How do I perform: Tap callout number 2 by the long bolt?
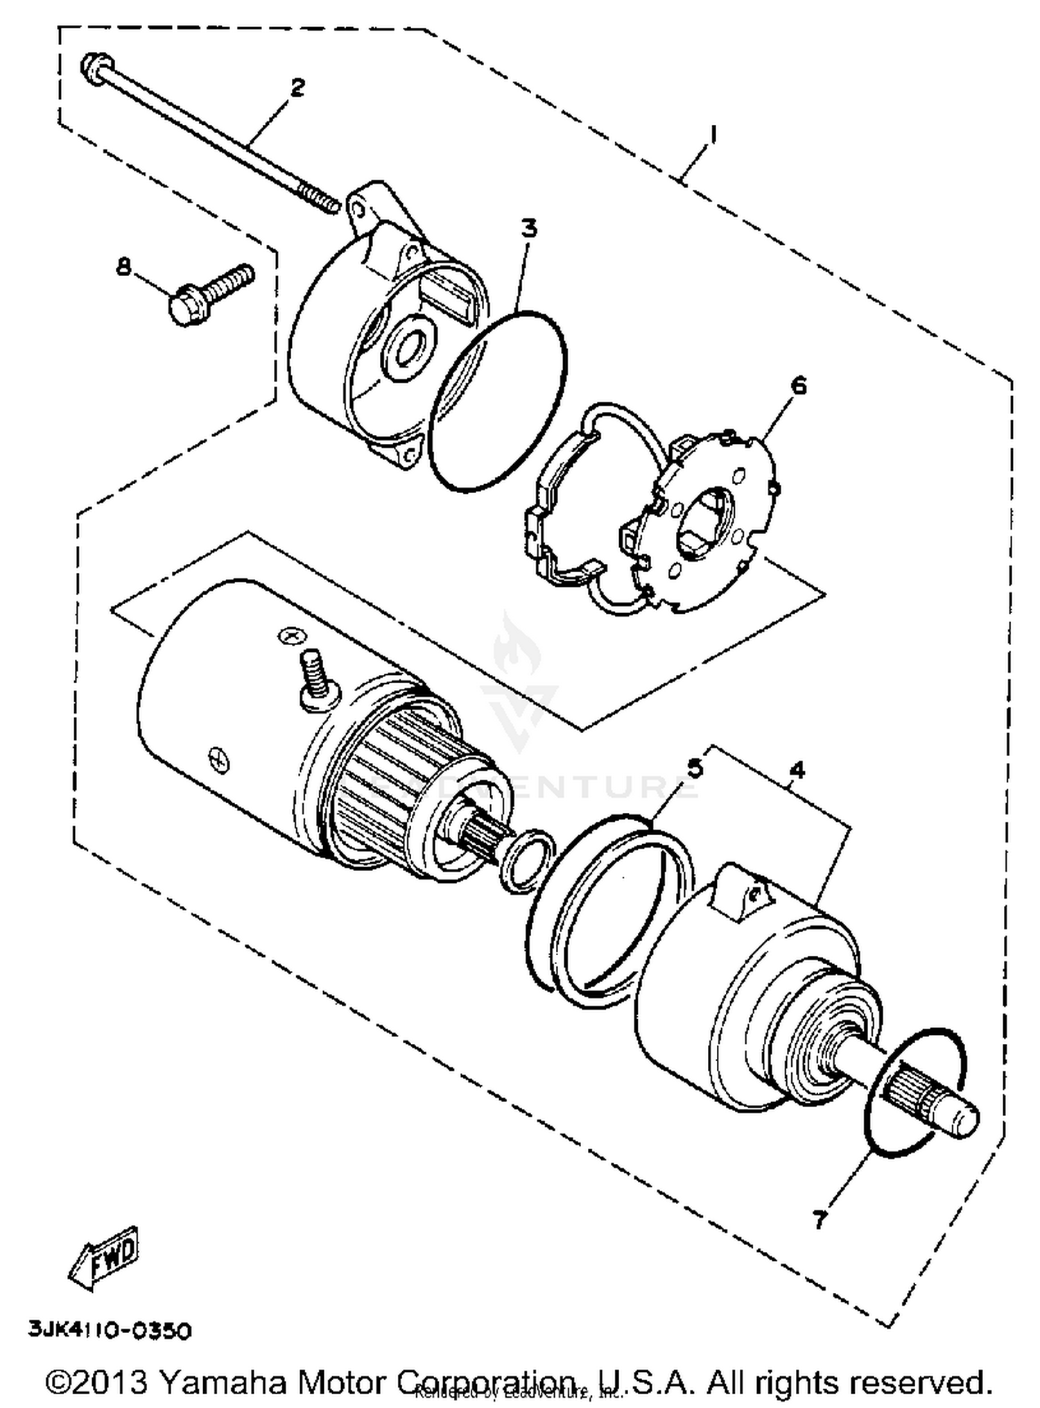tap(297, 88)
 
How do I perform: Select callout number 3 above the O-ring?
tap(529, 227)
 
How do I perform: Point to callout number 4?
tap(797, 769)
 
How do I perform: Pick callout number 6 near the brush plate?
tap(799, 385)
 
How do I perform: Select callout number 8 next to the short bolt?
tap(124, 266)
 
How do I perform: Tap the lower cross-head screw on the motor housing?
tap(218, 757)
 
